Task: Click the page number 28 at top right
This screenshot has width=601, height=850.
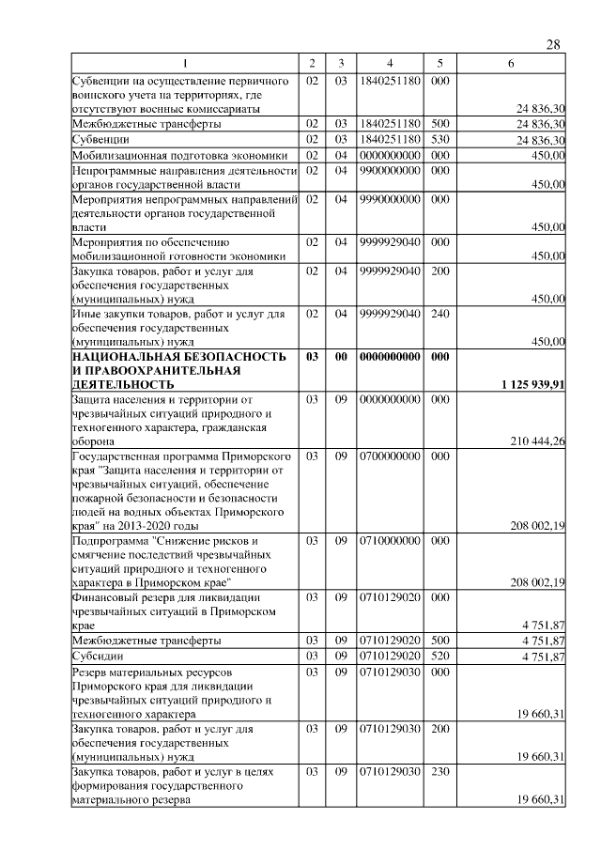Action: click(x=553, y=45)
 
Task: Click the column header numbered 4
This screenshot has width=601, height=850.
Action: click(x=389, y=63)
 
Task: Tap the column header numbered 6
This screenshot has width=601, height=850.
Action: click(x=510, y=63)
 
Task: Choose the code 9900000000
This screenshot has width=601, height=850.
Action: click(x=389, y=170)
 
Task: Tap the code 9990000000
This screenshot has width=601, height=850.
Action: click(x=389, y=199)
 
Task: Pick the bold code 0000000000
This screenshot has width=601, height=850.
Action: click(x=389, y=357)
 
